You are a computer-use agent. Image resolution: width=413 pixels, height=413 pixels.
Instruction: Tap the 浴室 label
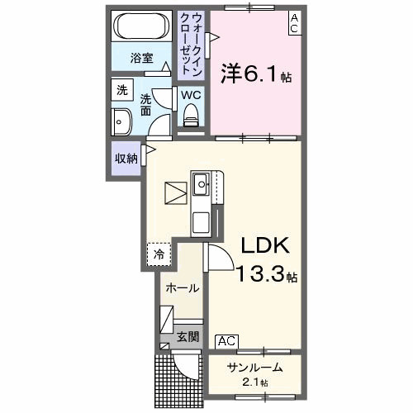click(x=142, y=59)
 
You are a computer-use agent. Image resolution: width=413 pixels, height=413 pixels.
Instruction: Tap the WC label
click(x=191, y=95)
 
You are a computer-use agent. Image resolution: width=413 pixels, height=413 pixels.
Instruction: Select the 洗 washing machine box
click(x=121, y=89)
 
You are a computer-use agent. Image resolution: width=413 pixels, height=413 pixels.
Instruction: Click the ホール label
click(x=182, y=288)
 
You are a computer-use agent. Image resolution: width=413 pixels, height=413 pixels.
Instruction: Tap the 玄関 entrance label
click(x=188, y=337)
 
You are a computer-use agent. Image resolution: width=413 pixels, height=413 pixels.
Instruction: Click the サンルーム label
click(x=255, y=368)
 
